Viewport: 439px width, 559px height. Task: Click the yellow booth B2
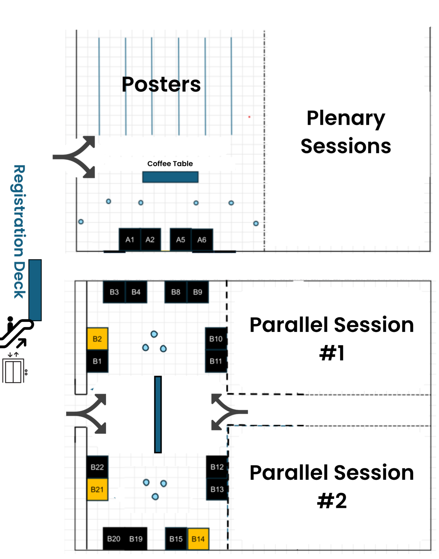pos(97,339)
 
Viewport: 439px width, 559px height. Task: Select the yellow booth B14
pos(198,539)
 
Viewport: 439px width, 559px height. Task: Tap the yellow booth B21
pos(97,489)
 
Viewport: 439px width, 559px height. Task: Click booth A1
pos(130,240)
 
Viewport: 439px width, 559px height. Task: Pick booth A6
pos(202,240)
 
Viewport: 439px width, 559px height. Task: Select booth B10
pos(216,339)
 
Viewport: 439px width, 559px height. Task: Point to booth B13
pos(217,489)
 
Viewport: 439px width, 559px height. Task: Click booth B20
pos(114,539)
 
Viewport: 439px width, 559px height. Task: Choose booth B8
pos(176,292)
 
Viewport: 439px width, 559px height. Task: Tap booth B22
pos(97,467)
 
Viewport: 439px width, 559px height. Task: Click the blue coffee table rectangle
pos(170,177)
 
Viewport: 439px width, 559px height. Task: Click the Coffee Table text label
pos(170,164)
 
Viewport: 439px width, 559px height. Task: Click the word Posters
pos(161,84)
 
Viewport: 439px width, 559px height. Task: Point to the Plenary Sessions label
pos(346,132)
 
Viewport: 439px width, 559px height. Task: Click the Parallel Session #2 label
pos(332,486)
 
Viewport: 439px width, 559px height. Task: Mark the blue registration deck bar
pos(35,290)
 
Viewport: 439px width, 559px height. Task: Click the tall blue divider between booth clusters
pos(158,414)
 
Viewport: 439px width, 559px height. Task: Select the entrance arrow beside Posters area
pos(77,157)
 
